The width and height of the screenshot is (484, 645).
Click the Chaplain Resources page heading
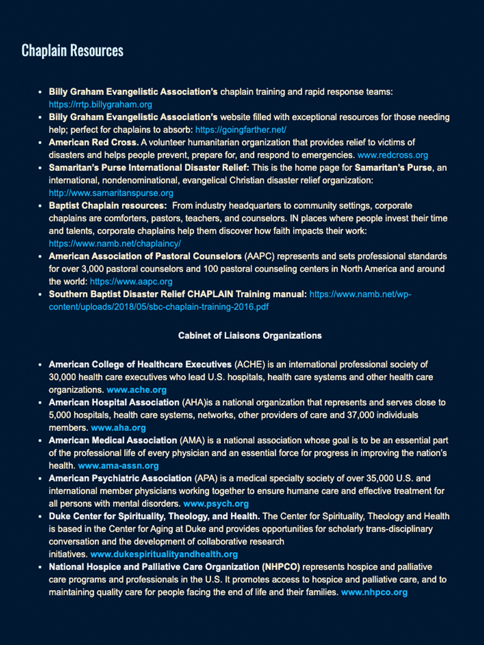click(73, 51)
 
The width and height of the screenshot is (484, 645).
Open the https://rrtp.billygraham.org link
click(100, 104)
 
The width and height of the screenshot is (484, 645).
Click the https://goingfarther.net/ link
click(241, 130)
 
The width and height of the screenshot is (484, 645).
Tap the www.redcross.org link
click(393, 155)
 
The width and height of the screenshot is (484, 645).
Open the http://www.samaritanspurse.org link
click(111, 193)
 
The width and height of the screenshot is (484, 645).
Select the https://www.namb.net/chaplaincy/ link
click(115, 244)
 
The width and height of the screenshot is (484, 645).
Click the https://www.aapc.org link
click(131, 281)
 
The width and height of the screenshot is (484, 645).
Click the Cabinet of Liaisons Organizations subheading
click(250, 336)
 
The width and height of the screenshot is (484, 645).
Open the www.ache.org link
click(136, 390)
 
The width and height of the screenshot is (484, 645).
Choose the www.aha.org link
click(118, 428)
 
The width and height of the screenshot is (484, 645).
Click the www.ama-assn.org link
click(118, 466)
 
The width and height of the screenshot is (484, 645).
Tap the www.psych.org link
click(216, 504)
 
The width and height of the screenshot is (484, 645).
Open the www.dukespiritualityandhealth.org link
click(164, 554)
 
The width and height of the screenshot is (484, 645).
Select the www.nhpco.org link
click(374, 592)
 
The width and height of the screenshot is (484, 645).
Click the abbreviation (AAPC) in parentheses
click(259, 256)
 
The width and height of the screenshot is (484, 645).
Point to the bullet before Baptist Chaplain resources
click(41, 206)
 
